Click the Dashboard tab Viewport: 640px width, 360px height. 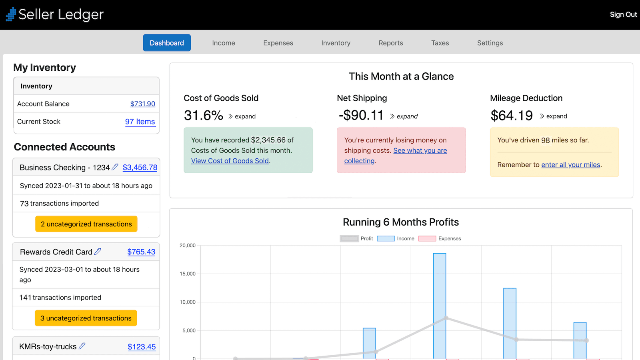(167, 43)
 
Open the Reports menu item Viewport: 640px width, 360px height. (391, 43)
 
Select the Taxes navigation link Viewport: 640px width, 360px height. (440, 43)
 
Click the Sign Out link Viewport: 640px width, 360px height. (623, 14)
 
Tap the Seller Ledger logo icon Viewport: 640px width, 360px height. (11, 14)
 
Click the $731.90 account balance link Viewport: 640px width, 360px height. (142, 104)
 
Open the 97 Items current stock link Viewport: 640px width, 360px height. (140, 122)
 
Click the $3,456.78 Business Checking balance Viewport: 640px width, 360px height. (140, 168)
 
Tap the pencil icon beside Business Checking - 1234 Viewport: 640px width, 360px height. (115, 167)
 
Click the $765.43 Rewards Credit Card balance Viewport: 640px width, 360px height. (141, 252)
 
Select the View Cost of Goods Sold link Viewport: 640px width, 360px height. (230, 161)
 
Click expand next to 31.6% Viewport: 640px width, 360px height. (242, 116)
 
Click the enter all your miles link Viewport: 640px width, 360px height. (571, 165)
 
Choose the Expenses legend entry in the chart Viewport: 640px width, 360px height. (440, 238)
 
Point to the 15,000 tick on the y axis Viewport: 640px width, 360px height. (188, 274)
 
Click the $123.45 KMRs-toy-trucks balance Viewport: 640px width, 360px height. (142, 347)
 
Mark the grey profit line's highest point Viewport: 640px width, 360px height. (446, 318)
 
